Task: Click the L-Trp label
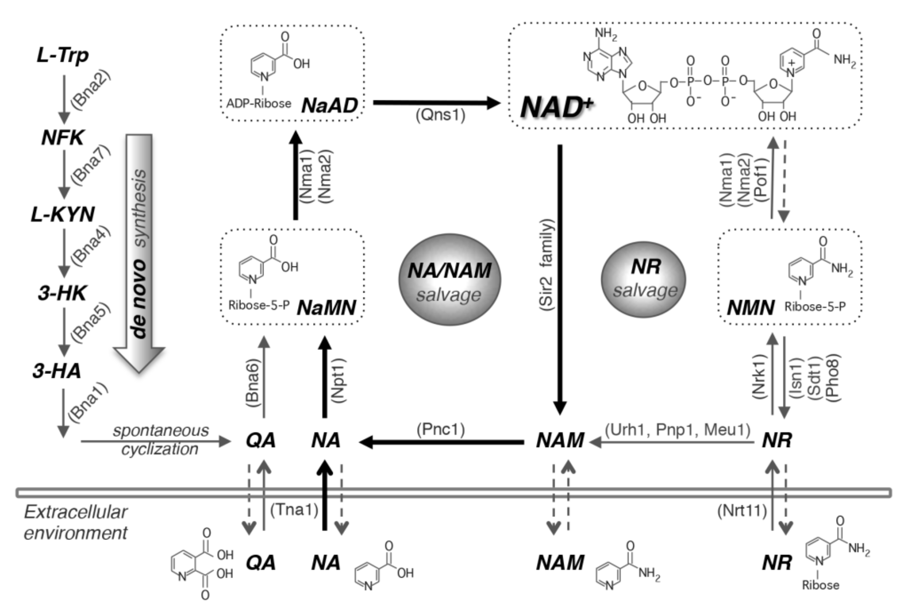coord(63,56)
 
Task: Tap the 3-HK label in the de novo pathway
coord(62,293)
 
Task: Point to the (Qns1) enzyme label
coord(440,115)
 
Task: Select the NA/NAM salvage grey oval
coord(449,279)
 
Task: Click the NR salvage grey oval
coord(644,279)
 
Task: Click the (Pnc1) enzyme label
coord(441,429)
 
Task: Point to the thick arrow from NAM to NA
coord(441,442)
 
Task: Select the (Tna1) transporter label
coord(294,510)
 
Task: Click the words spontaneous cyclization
coord(160,440)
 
